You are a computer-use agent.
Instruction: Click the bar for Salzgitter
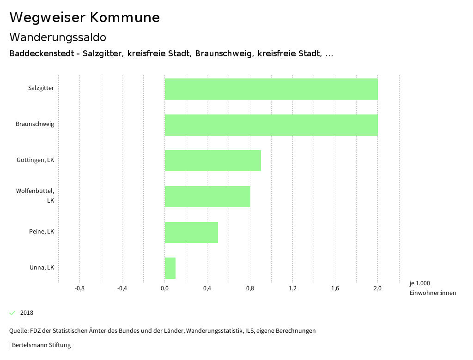click(271, 89)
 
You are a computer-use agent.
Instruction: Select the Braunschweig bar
click(271, 125)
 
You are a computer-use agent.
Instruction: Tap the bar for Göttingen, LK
click(213, 161)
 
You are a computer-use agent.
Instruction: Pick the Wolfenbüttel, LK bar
click(207, 197)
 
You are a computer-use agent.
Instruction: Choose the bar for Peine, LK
click(191, 233)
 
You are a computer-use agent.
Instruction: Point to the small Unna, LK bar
click(170, 268)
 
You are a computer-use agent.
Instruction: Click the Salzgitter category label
click(41, 88)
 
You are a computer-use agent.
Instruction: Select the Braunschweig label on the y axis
click(35, 124)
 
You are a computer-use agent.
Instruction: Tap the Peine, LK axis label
click(42, 232)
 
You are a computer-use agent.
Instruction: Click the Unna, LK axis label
click(42, 268)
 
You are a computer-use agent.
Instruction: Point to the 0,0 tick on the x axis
click(164, 288)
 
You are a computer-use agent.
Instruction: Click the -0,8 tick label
click(79, 288)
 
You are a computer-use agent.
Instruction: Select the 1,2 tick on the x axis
click(292, 288)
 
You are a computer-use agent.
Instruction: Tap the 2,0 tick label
click(377, 288)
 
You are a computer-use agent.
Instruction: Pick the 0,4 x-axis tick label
click(207, 288)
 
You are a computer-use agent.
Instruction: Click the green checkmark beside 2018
click(12, 313)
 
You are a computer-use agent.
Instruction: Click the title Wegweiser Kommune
click(85, 18)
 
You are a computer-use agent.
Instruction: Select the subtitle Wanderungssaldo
click(58, 37)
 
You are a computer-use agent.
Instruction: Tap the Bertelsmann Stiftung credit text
click(41, 345)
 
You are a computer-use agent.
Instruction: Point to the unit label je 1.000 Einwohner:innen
click(432, 288)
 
